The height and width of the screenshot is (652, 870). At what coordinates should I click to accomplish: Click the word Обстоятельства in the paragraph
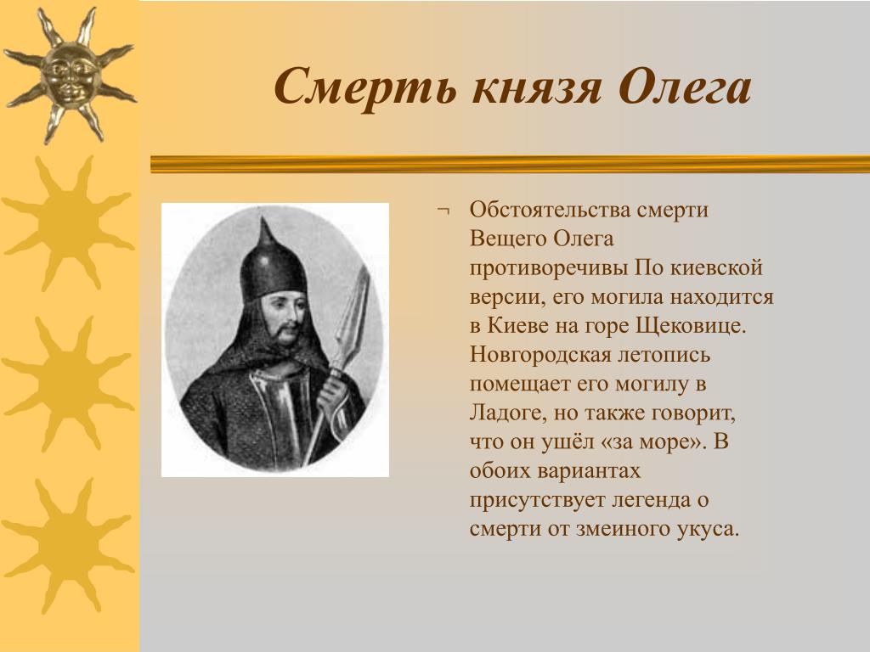[x=552, y=211]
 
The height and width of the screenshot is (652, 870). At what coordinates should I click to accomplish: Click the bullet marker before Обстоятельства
[x=443, y=211]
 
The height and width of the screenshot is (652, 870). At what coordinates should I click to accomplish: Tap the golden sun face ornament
[x=70, y=75]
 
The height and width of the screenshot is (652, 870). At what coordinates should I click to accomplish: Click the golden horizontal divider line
[x=510, y=164]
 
